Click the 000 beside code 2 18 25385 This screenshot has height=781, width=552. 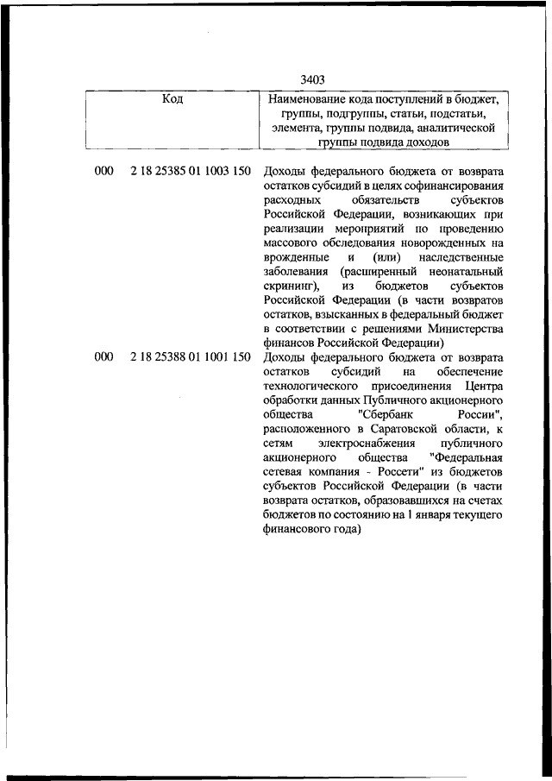pyautogui.click(x=104, y=171)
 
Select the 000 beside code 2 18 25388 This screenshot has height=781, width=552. pyautogui.click(x=104, y=357)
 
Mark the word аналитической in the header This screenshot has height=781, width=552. pyautogui.click(x=457, y=127)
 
